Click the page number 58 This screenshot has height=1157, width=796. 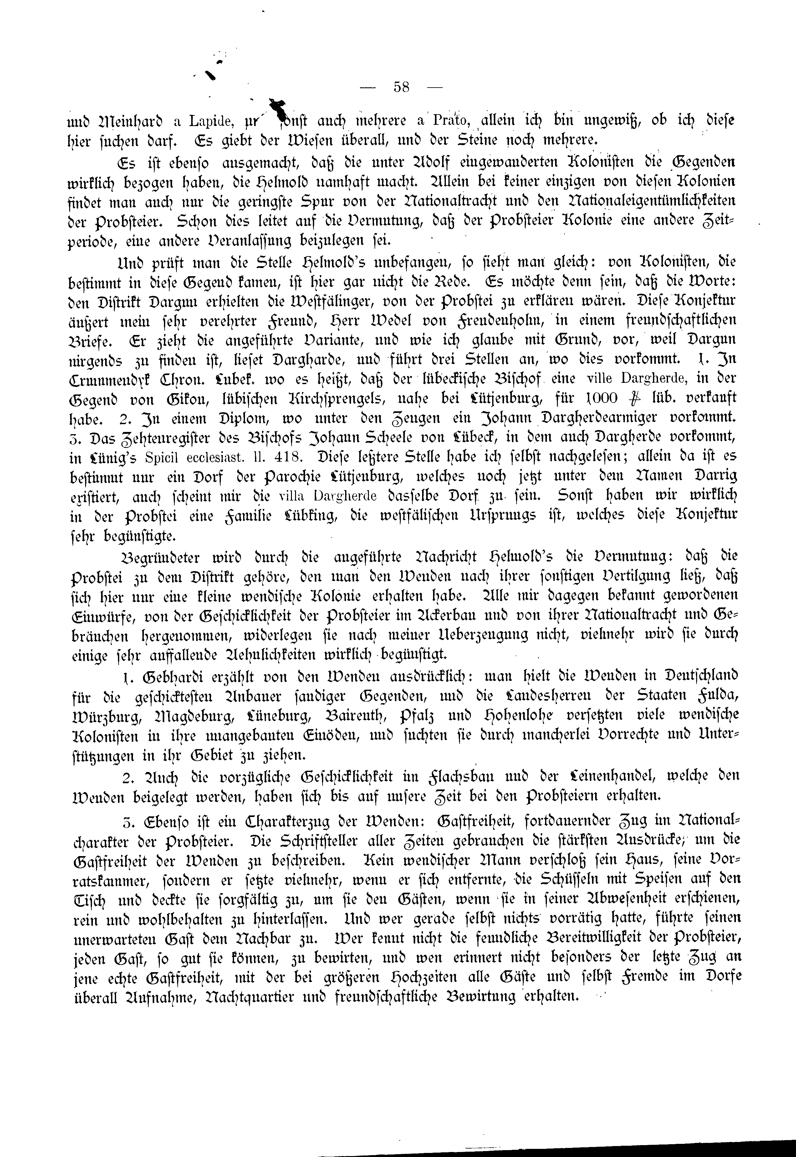pos(401,87)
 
